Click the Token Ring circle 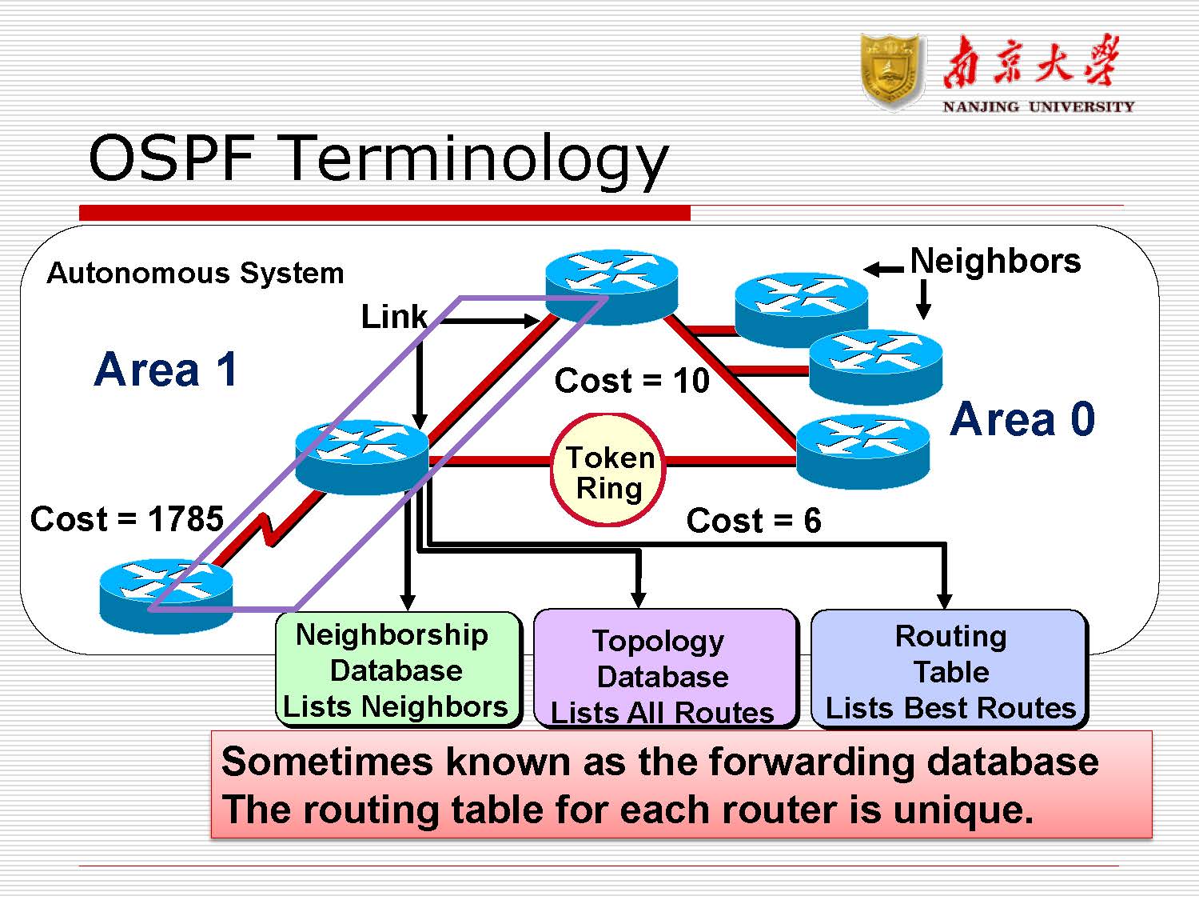click(608, 470)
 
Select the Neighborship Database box click(397, 670)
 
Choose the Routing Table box click(950, 670)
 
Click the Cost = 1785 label click(126, 519)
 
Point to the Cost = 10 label click(631, 381)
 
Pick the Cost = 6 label click(753, 521)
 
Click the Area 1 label click(165, 370)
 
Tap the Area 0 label click(1022, 420)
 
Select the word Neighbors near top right click(995, 262)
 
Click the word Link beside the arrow click(394, 317)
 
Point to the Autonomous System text click(195, 274)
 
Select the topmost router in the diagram click(611, 286)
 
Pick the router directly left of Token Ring click(361, 457)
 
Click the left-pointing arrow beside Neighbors click(884, 270)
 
